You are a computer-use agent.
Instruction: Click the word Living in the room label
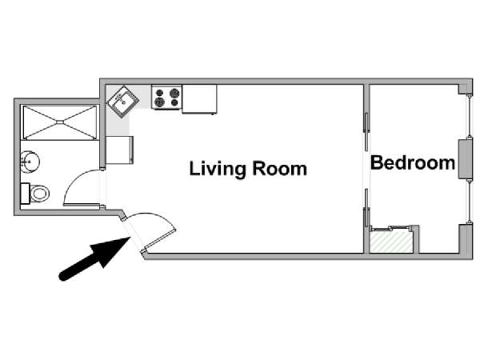(218, 169)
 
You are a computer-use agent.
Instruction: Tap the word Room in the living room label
(279, 169)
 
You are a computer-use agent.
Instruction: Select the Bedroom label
(412, 162)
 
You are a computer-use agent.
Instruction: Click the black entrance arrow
(94, 258)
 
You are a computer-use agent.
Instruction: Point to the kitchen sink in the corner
(122, 102)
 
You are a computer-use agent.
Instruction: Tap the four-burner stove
(167, 97)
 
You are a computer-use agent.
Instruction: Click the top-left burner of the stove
(159, 92)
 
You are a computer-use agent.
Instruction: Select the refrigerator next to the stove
(199, 99)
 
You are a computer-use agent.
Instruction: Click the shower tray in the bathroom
(60, 122)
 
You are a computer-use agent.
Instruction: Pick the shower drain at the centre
(60, 122)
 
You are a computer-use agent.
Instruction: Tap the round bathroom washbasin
(30, 161)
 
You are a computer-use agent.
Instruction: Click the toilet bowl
(40, 194)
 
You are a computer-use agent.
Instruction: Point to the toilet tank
(25, 194)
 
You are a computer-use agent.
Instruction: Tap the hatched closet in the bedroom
(391, 242)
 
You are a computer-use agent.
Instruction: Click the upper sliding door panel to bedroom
(366, 132)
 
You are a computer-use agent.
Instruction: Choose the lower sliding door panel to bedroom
(366, 208)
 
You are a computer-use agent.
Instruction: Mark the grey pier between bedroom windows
(464, 159)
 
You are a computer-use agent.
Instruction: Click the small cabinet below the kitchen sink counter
(120, 150)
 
